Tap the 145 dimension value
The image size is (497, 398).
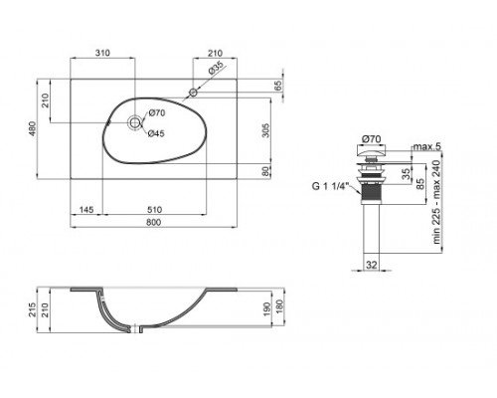(x=86, y=209)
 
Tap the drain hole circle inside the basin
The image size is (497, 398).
(x=134, y=123)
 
